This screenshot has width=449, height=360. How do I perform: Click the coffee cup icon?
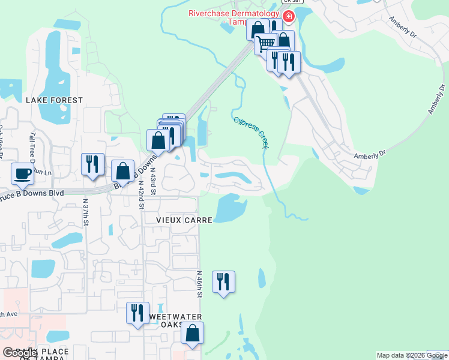coord(23,173)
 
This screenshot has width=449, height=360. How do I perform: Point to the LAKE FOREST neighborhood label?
coord(54,100)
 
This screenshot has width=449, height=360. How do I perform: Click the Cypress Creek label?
coord(250,132)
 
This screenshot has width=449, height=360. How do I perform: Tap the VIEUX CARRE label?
coord(184,220)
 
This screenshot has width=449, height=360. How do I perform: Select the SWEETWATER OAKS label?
coord(174,321)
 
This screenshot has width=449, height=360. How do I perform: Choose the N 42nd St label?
coord(140,193)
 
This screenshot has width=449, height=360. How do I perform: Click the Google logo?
coord(20,353)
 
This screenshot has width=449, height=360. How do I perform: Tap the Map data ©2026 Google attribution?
coord(411,355)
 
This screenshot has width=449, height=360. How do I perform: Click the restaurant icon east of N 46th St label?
coord(223,281)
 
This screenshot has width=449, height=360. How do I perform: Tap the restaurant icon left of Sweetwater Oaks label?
coord(137,313)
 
